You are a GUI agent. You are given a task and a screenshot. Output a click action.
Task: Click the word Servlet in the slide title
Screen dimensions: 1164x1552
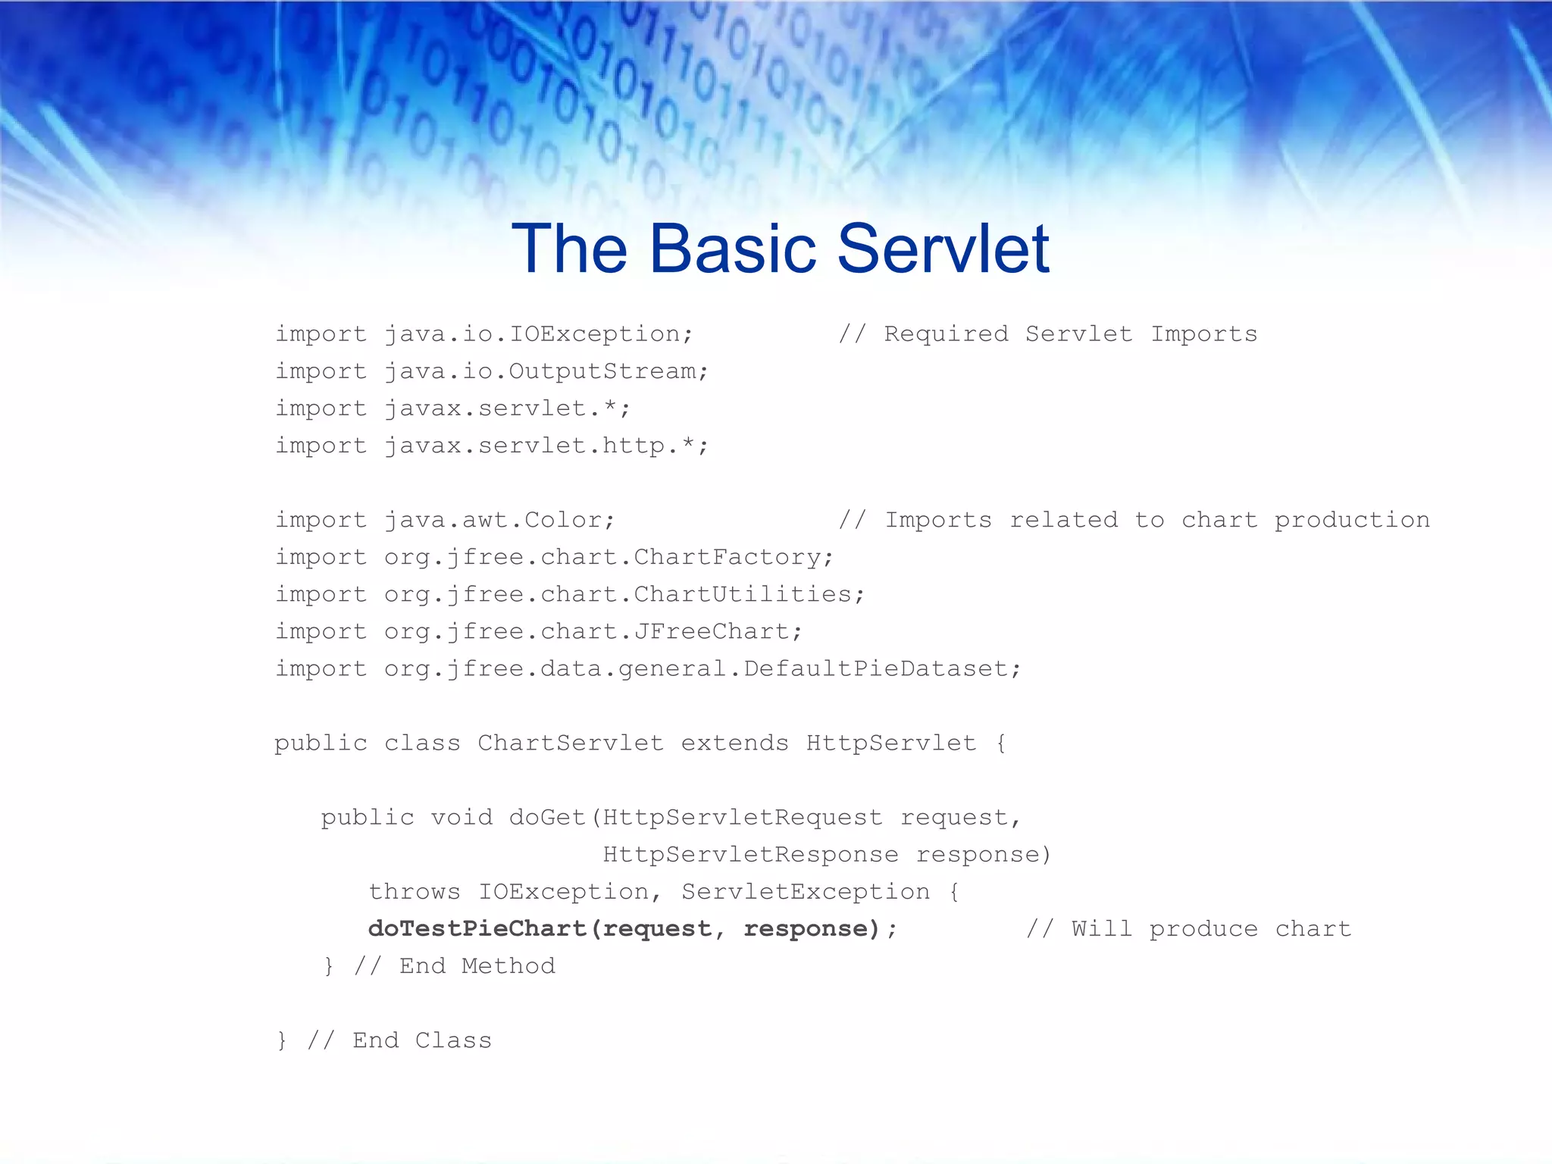[x=943, y=249]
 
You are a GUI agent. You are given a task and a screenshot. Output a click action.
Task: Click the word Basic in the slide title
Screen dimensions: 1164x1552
[x=733, y=249]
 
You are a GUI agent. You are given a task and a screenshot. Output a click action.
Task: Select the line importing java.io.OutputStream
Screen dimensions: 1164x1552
[x=491, y=371]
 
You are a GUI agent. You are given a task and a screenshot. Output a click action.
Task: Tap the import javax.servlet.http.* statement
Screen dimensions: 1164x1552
[x=491, y=446]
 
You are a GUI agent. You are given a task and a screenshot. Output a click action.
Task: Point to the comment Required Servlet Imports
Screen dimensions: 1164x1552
[x=1047, y=334]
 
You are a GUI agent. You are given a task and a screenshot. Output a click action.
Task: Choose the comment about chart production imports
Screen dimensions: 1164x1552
[x=1134, y=520]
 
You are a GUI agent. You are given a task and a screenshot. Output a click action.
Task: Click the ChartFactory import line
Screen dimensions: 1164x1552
[x=554, y=557]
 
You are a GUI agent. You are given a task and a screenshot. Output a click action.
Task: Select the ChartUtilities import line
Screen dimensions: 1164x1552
[x=569, y=594]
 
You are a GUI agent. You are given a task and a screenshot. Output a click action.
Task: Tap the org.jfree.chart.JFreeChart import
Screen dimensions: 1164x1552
[x=538, y=631]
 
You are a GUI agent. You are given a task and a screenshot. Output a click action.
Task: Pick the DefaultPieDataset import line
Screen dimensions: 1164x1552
[x=648, y=668]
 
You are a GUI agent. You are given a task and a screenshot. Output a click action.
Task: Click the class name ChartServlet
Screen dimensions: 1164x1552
[x=570, y=743]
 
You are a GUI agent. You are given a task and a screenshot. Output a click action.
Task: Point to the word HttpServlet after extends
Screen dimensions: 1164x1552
[x=890, y=743]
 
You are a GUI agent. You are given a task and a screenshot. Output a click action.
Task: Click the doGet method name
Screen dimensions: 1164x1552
[x=546, y=817]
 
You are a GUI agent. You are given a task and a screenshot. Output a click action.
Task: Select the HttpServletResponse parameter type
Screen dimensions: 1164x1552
[x=750, y=855]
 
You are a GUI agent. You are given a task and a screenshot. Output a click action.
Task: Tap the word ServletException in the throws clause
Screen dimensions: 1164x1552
[x=805, y=892]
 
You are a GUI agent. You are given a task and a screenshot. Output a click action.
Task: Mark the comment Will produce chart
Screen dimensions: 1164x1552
[x=1188, y=929]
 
